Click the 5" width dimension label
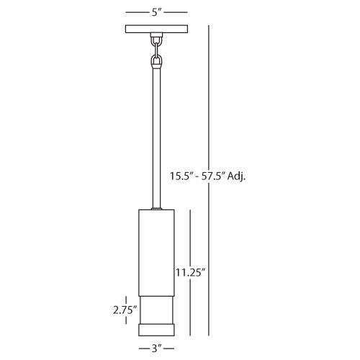coord(156,12)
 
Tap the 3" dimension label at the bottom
coord(156,348)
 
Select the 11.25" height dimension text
coord(190,272)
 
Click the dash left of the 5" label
coord(136,12)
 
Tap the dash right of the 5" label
coord(176,12)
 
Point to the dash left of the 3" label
coord(141,349)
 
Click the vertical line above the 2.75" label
coord(127,300)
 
